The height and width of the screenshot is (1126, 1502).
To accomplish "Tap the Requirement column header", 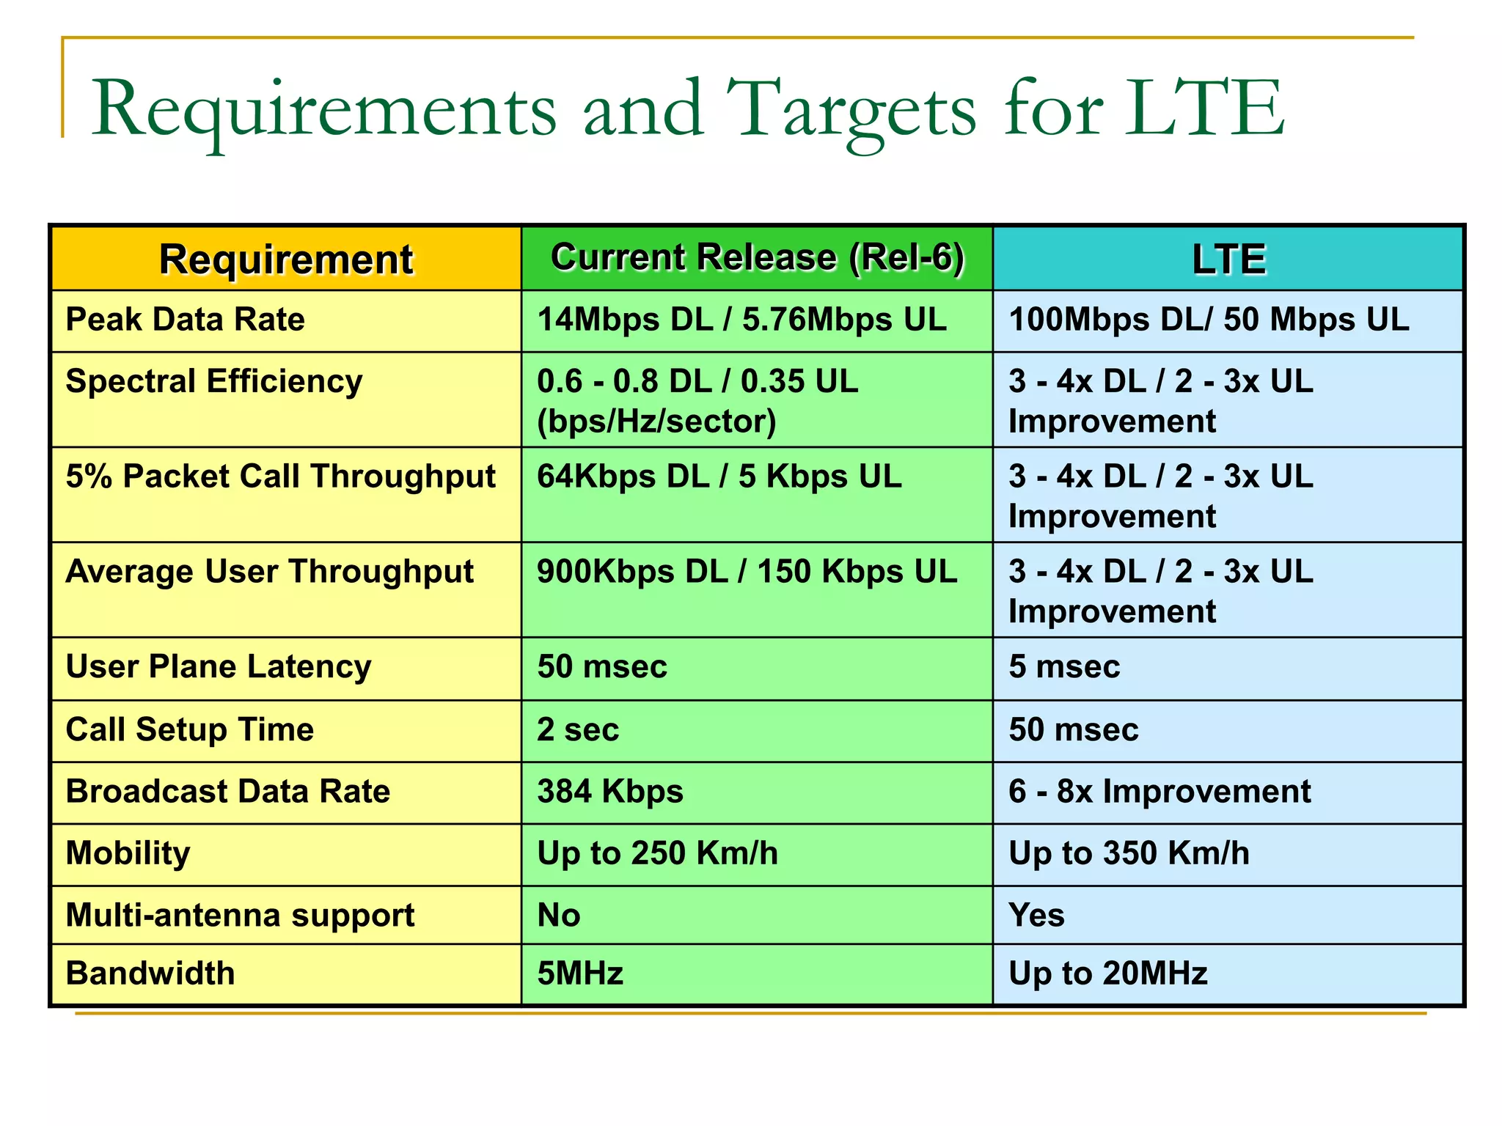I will point(286,260).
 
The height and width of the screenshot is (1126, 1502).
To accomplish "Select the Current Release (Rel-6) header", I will point(757,257).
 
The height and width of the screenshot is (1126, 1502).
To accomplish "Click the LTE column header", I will point(1228,260).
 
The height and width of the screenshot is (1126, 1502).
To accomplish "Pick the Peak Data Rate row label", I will point(185,320).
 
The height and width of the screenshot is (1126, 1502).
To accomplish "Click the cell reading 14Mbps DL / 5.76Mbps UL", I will point(741,320).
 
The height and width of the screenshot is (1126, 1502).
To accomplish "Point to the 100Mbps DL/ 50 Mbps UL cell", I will point(1209,320).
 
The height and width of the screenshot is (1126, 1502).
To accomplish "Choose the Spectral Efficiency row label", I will point(213,382).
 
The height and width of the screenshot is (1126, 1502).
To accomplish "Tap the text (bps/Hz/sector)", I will point(656,422).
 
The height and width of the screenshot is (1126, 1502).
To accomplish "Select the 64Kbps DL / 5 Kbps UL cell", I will point(719,477).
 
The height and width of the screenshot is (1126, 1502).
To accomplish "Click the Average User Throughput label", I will point(269,573).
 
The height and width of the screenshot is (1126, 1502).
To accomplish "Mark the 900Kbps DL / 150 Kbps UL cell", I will point(747,573).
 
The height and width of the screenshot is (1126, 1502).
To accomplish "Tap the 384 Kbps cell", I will point(609,792).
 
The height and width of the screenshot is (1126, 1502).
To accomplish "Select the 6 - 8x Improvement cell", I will point(1160,792).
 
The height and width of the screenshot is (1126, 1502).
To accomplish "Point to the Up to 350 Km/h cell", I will point(1129,853).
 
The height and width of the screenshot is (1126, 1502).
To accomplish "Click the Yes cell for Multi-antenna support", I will point(1036,916).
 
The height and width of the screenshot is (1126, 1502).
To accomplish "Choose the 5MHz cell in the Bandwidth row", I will point(580,974).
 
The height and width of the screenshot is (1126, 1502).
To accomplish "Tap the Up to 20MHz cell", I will point(1107,974).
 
